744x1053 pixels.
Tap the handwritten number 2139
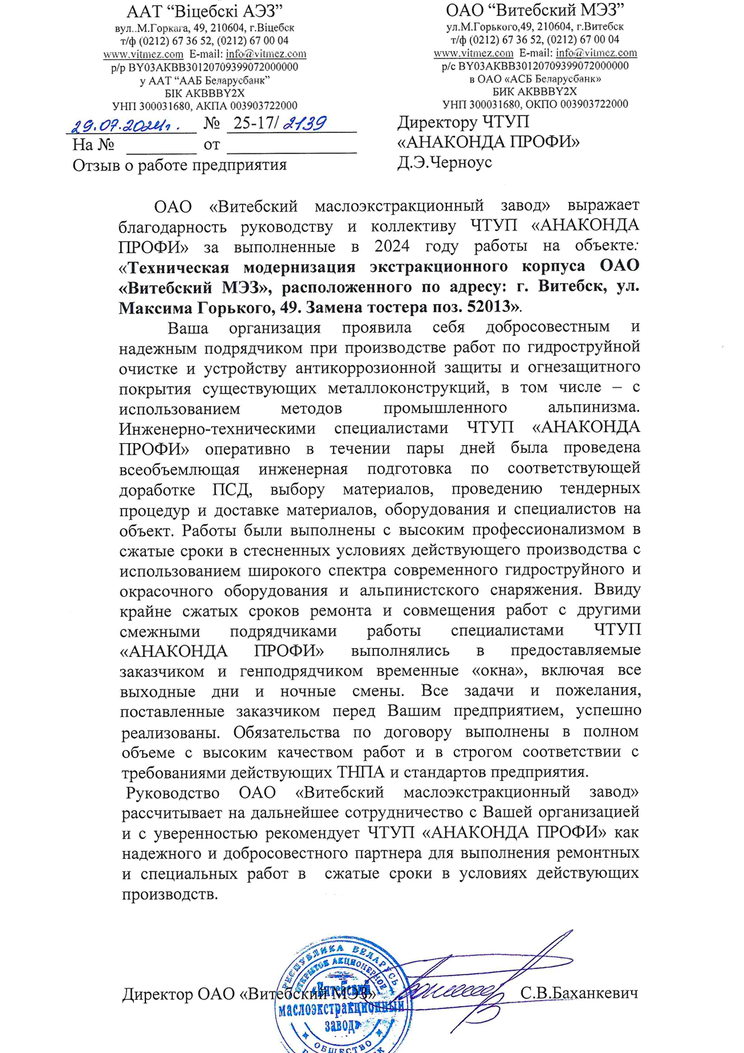[304, 123]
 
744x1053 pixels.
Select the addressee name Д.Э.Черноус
[445, 163]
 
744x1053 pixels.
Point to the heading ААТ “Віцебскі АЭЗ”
[204, 11]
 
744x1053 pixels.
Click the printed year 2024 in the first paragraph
[392, 246]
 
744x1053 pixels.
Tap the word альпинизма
[592, 408]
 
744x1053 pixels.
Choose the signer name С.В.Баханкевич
[579, 993]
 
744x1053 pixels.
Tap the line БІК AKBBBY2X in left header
[204, 93]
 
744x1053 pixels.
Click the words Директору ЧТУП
[464, 122]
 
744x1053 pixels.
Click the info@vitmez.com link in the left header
[266, 54]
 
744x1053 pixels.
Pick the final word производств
[169, 894]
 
